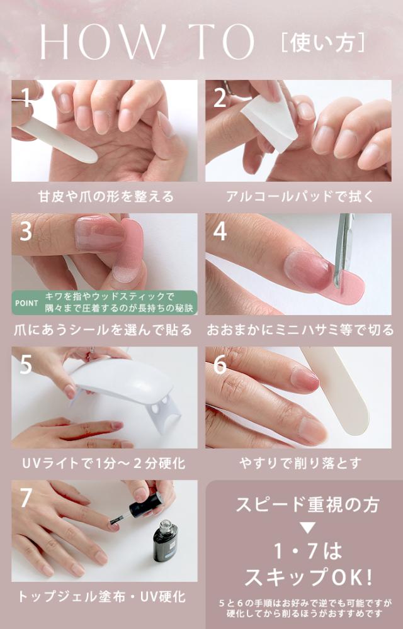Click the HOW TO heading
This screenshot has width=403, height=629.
click(147, 42)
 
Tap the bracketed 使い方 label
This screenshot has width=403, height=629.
click(323, 43)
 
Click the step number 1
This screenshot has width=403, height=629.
click(26, 97)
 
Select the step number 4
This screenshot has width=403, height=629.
click(220, 231)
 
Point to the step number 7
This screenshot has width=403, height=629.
click(26, 498)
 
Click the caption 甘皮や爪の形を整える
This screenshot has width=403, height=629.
click(106, 196)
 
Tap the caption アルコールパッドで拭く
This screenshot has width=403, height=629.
click(300, 196)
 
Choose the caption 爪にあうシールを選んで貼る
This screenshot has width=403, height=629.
click(103, 330)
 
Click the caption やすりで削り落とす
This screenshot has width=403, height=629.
click(300, 464)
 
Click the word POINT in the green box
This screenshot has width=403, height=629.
click(26, 303)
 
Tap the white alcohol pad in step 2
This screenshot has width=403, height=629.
click(269, 119)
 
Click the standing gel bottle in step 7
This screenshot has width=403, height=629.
click(165, 540)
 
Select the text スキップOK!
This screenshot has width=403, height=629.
click(308, 577)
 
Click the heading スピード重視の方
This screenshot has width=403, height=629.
click(307, 504)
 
